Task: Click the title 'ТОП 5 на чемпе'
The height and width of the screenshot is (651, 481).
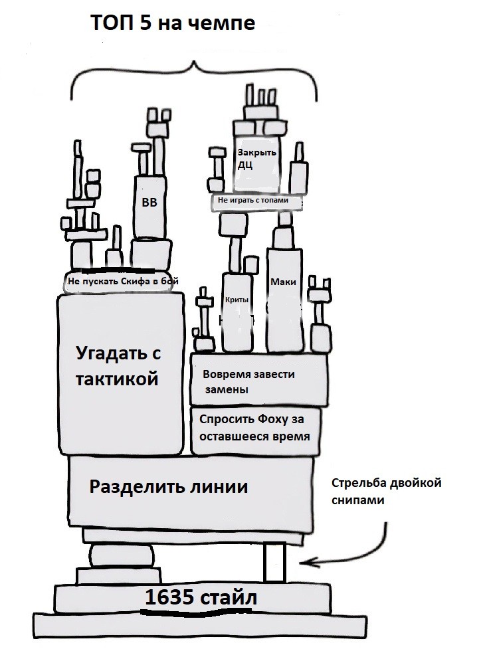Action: pyautogui.click(x=173, y=23)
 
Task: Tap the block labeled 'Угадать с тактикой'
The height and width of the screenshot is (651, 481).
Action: pyautogui.click(x=120, y=373)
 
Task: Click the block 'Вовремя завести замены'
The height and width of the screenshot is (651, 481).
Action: pyautogui.click(x=259, y=379)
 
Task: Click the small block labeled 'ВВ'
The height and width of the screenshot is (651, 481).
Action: pyautogui.click(x=149, y=207)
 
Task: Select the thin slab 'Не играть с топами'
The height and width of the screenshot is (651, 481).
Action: pyautogui.click(x=256, y=202)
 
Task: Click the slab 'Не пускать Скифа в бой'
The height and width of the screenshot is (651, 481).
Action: pyautogui.click(x=123, y=282)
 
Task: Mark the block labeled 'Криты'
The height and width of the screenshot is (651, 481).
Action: pyautogui.click(x=238, y=312)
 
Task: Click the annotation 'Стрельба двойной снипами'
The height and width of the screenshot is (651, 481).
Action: pyautogui.click(x=386, y=492)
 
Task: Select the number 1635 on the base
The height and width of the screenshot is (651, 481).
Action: pyautogui.click(x=169, y=597)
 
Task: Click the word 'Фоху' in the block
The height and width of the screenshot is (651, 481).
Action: pyautogui.click(x=272, y=419)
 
